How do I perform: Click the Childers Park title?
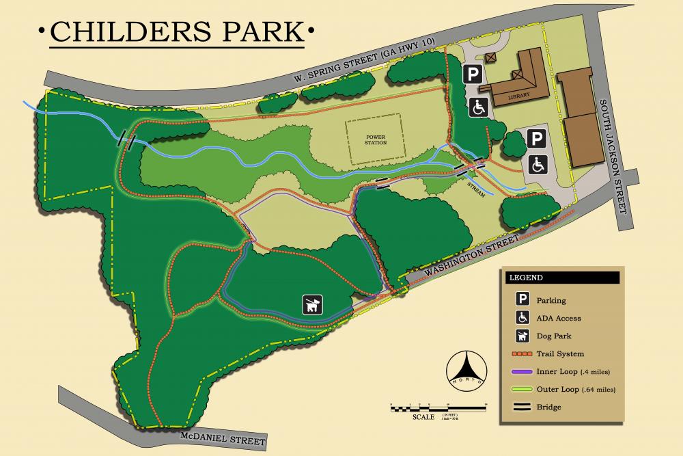pyautogui.click(x=177, y=31)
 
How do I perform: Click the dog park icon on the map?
pyautogui.click(x=313, y=305)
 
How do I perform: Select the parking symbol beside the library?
pyautogui.click(x=473, y=74)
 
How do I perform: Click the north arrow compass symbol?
pyautogui.click(x=468, y=372)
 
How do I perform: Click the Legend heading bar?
pyautogui.click(x=562, y=278)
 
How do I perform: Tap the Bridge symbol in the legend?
pyautogui.click(x=522, y=407)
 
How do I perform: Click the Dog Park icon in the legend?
pyautogui.click(x=522, y=336)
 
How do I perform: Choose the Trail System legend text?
pyautogui.click(x=560, y=353)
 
